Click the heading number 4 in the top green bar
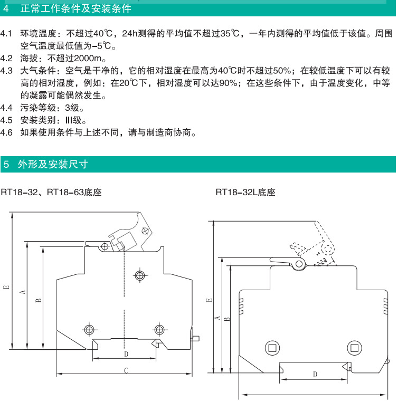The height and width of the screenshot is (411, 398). pyautogui.click(x=5, y=9)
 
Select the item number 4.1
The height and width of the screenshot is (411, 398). pyautogui.click(x=6, y=34)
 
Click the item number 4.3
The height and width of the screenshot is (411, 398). pyautogui.click(x=6, y=71)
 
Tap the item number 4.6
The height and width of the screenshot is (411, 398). pyautogui.click(x=6, y=132)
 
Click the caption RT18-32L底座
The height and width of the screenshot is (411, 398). pyautogui.click(x=245, y=193)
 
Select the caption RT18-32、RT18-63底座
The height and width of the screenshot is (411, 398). pyautogui.click(x=51, y=193)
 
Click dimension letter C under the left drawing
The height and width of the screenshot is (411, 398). pyautogui.click(x=126, y=370)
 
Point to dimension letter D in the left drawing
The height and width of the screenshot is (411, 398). pyautogui.click(x=126, y=353)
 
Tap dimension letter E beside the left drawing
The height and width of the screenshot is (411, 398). pyautogui.click(x=6, y=288)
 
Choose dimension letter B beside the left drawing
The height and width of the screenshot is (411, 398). pyautogui.click(x=39, y=300)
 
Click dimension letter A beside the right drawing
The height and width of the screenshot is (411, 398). pyautogui.click(x=217, y=318)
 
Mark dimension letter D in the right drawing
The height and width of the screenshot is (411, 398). pyautogui.click(x=314, y=374)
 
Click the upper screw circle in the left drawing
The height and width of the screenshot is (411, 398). pyautogui.click(x=139, y=275)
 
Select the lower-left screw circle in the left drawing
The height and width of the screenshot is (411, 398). pyautogui.click(x=89, y=330)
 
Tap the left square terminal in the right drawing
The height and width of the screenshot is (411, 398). pyautogui.click(x=273, y=347)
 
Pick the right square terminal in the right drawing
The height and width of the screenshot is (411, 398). pyautogui.click(x=354, y=347)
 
